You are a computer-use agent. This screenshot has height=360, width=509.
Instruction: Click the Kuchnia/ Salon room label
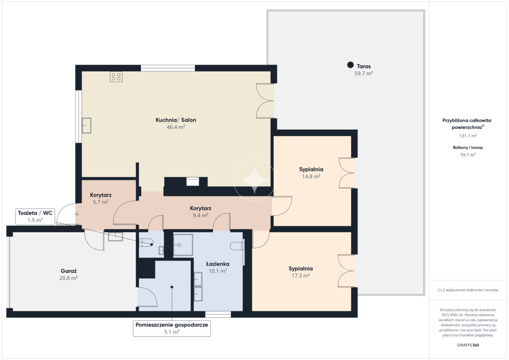(175, 120)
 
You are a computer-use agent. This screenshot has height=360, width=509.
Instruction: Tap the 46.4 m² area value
(175, 127)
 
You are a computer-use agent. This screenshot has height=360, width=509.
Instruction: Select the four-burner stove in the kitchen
(116, 77)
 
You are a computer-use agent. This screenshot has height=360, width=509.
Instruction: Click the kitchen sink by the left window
(86, 125)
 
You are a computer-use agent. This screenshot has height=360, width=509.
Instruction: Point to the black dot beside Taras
(350, 65)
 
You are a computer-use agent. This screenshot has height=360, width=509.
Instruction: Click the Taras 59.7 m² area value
(363, 74)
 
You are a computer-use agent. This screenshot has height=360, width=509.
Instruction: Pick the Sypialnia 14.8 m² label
(311, 173)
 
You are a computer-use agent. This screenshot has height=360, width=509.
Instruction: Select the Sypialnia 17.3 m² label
(301, 272)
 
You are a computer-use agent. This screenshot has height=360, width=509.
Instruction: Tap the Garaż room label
(69, 270)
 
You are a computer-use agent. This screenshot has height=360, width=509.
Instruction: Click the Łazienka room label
(218, 264)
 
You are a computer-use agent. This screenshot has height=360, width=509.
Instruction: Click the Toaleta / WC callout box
(35, 216)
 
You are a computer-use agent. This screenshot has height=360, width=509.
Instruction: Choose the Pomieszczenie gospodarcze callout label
(171, 328)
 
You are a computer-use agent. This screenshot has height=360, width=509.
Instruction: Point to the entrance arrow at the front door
(76, 214)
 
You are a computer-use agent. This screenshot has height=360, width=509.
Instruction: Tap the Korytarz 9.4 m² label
(201, 212)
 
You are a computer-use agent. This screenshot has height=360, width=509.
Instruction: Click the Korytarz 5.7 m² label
(100, 198)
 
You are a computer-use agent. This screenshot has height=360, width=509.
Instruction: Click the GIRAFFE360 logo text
(468, 345)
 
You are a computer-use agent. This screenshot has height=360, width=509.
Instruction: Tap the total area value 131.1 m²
(468, 136)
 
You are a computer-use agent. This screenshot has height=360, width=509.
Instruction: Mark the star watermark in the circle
(254, 179)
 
